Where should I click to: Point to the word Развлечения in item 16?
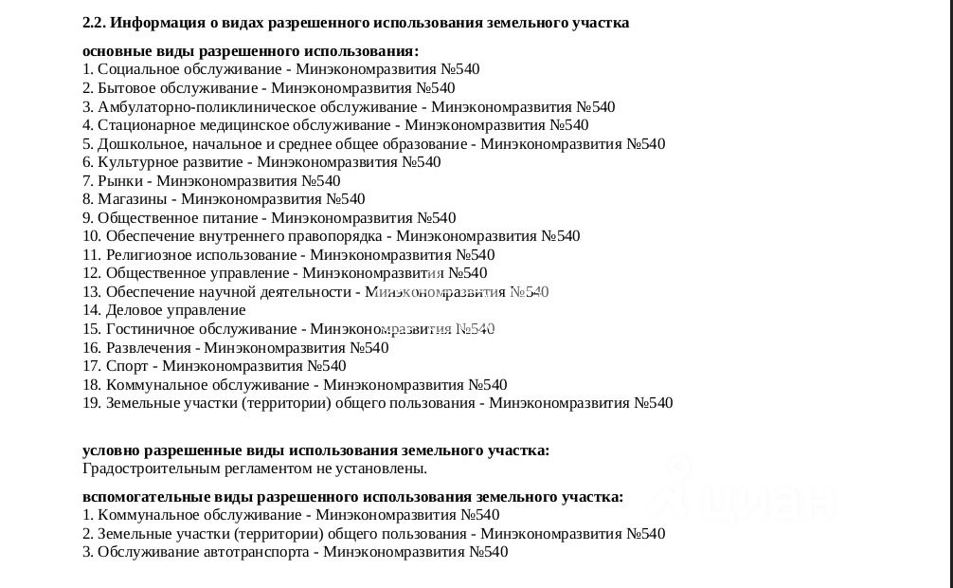[149, 348]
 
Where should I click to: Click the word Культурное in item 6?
[135, 162]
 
